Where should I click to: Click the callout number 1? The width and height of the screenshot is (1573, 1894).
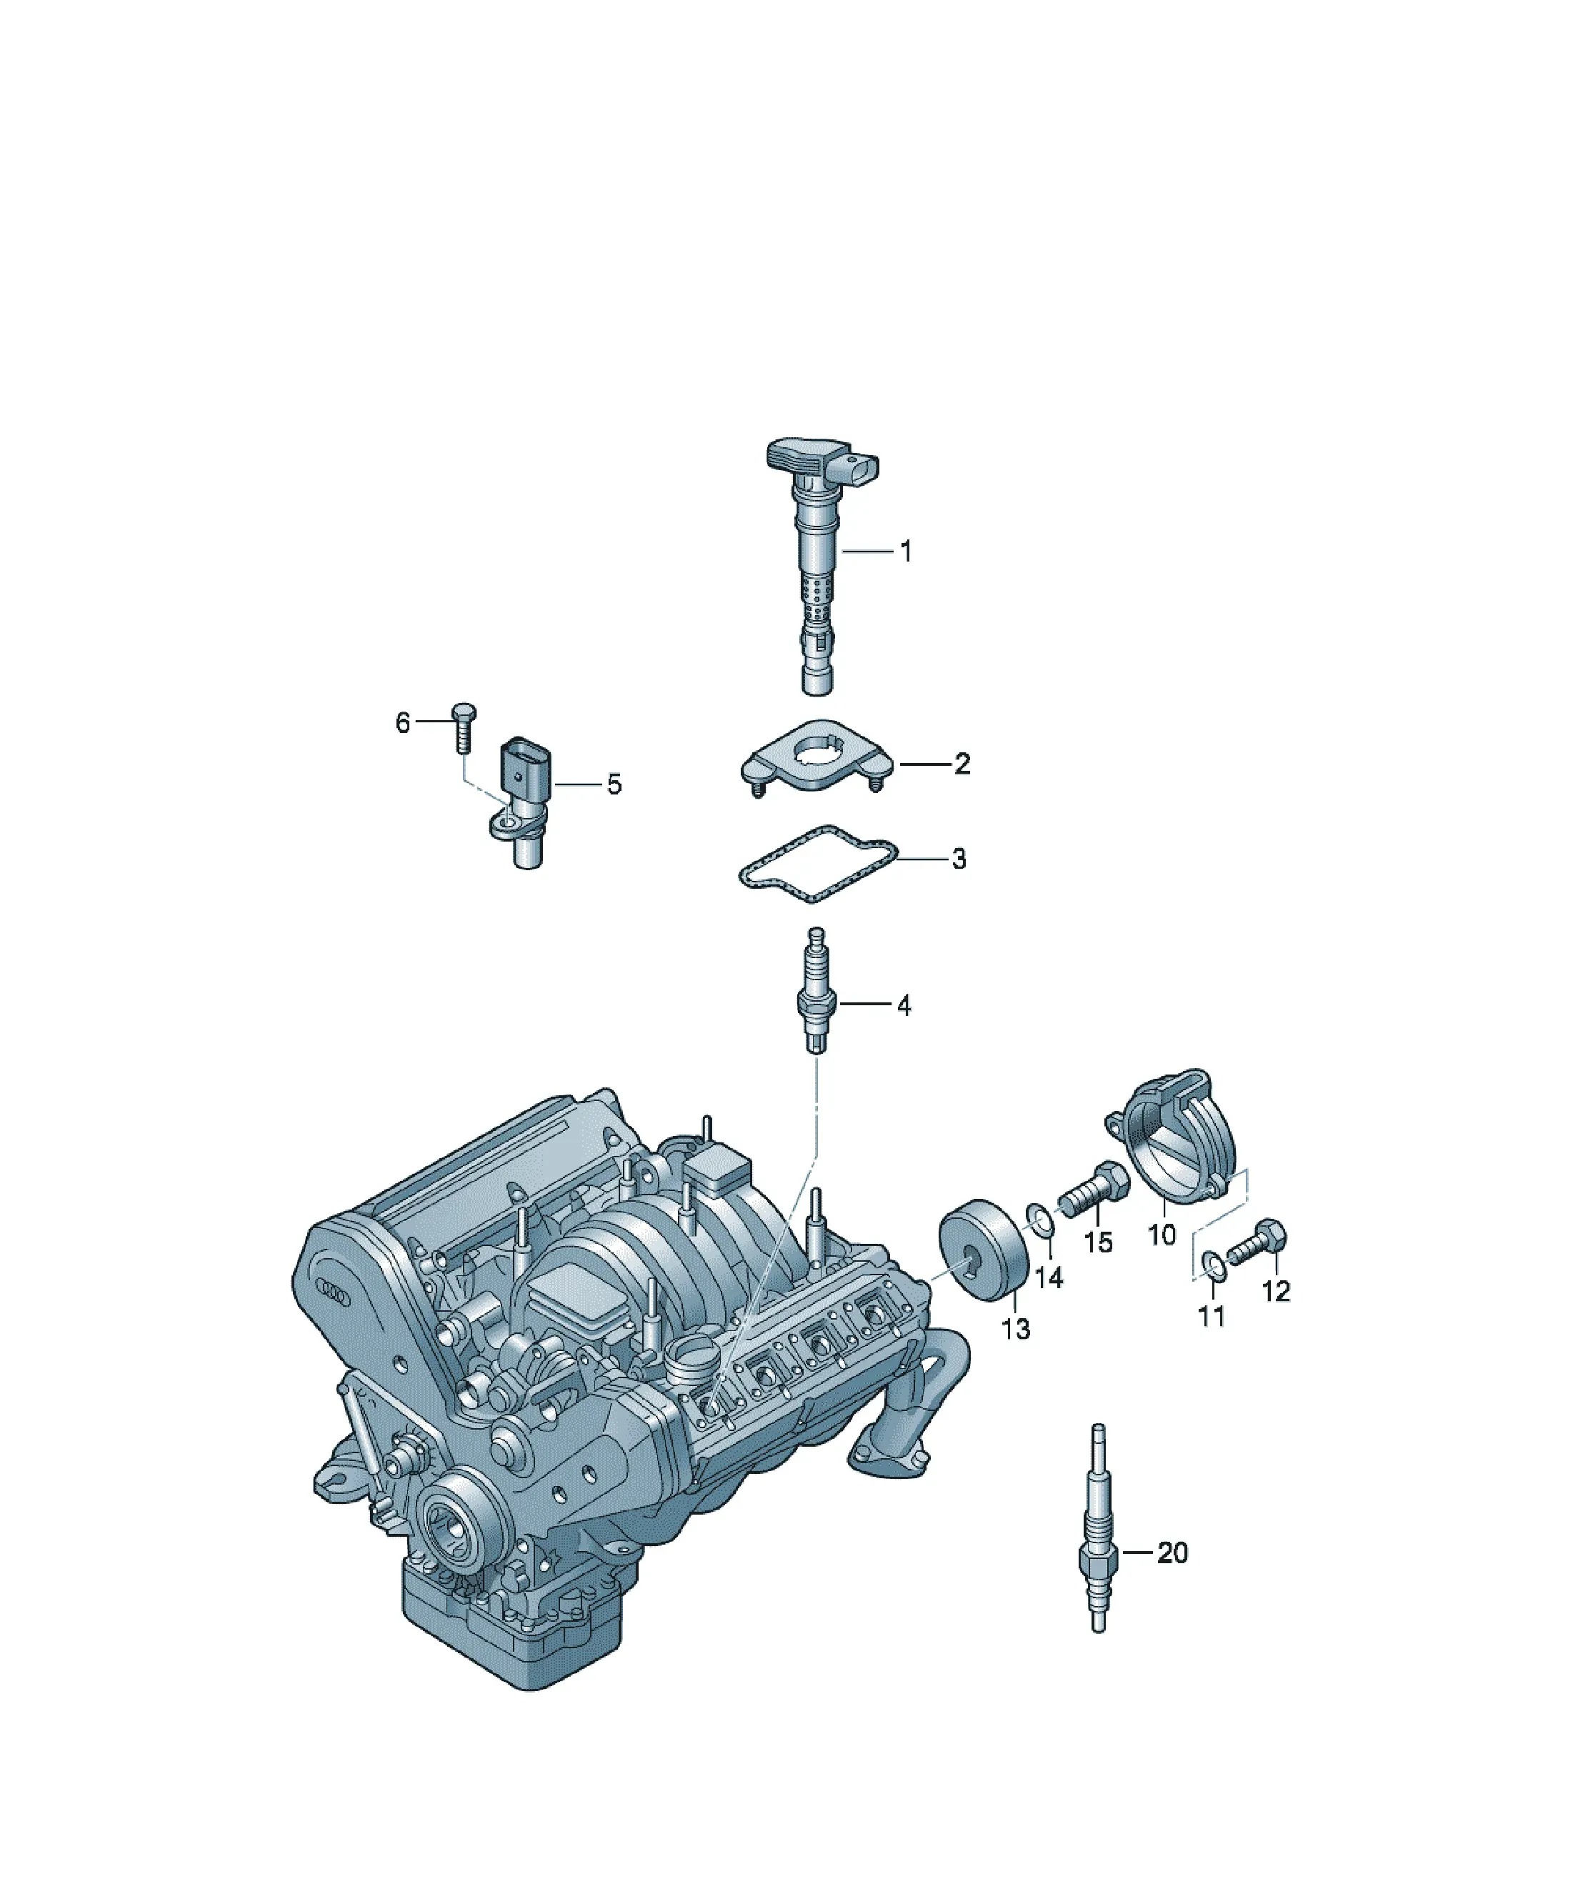906,551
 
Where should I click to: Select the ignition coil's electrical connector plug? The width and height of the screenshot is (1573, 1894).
862,468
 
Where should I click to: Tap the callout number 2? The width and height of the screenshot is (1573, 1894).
962,764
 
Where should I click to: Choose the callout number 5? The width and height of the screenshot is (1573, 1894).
614,784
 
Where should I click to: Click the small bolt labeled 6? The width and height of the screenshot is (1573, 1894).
464,729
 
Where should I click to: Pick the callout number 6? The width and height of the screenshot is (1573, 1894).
402,722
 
